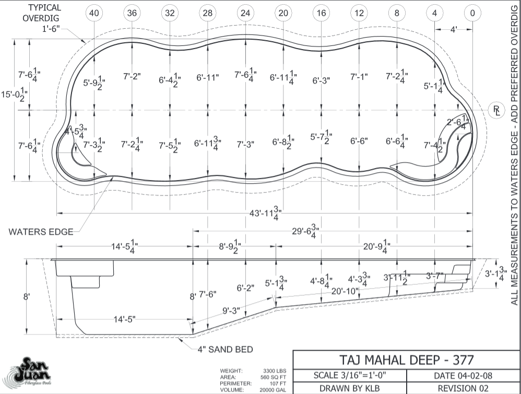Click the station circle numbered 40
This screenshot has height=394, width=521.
pyautogui.click(x=94, y=13)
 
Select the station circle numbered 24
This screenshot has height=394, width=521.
pyautogui.click(x=245, y=13)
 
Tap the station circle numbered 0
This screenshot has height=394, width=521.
pyautogui.click(x=472, y=13)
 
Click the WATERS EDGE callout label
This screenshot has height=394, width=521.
pyautogui.click(x=41, y=232)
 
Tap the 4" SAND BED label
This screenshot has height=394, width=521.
pyautogui.click(x=225, y=349)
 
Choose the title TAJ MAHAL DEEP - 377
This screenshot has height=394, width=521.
pyautogui.click(x=407, y=360)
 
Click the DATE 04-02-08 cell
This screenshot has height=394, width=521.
pyautogui.click(x=463, y=375)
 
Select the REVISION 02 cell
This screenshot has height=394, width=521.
pyautogui.click(x=463, y=388)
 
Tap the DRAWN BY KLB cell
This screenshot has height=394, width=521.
pyautogui.click(x=349, y=388)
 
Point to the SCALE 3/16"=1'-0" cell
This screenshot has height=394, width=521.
pyautogui.click(x=349, y=375)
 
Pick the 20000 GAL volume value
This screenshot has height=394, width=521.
pyautogui.click(x=275, y=389)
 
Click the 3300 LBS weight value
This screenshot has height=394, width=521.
pyautogui.click(x=275, y=370)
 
